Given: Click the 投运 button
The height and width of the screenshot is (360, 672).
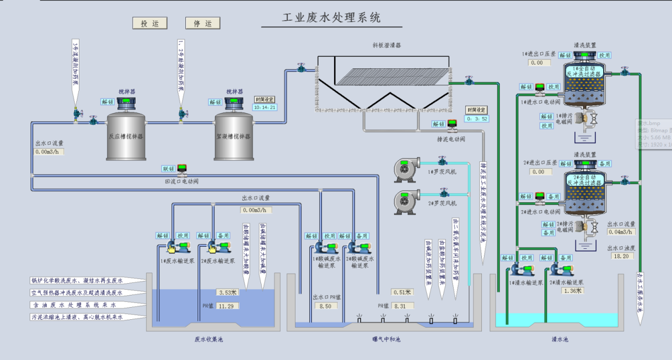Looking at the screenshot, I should tap(150, 23).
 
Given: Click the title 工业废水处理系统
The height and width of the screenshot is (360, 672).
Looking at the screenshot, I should tap(331, 18).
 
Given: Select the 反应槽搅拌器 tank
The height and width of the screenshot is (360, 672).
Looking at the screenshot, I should tap(126, 136).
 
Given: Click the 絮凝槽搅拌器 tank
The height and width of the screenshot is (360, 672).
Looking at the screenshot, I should tap(233, 136).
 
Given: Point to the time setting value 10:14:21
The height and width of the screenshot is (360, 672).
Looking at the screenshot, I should tap(265, 107).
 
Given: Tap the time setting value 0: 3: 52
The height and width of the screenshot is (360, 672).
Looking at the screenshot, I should tap(477, 119).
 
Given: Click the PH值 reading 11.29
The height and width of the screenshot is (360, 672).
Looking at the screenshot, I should tap(228, 306).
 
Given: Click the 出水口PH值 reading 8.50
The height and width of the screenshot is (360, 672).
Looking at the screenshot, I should tap(326, 306).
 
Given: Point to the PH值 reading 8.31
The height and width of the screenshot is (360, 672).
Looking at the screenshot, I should tap(402, 306).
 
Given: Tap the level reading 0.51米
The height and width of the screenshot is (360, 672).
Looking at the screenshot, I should tap(402, 292).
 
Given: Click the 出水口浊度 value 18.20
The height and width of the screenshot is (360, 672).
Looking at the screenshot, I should tap(621, 256).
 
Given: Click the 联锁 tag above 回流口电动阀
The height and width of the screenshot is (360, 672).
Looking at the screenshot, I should tap(168, 169).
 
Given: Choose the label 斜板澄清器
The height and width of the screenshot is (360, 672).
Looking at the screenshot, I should tap(387, 46).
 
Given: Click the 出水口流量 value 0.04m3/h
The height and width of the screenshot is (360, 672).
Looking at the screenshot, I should tap(621, 232).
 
